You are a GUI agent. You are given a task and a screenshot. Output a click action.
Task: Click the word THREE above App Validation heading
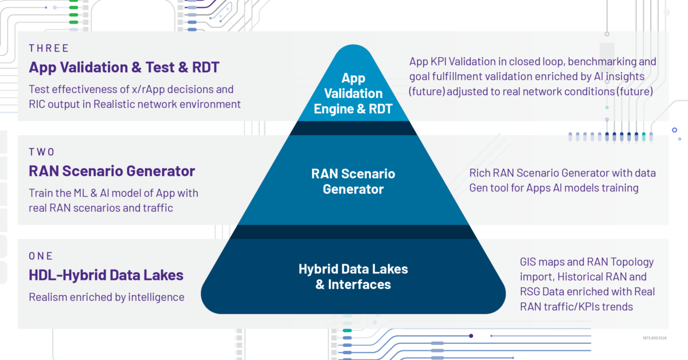click(49, 48)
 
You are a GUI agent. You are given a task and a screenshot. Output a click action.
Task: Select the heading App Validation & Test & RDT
click(124, 68)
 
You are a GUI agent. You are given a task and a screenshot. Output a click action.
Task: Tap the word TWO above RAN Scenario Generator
click(42, 152)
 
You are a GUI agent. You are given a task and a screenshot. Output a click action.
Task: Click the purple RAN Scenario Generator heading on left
click(112, 171)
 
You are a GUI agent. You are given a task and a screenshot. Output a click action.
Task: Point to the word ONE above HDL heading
click(41, 256)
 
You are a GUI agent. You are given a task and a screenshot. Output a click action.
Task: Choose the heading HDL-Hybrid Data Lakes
click(106, 275)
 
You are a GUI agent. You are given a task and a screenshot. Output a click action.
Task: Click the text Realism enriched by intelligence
click(106, 297)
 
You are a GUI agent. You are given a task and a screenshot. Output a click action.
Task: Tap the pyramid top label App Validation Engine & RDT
click(353, 93)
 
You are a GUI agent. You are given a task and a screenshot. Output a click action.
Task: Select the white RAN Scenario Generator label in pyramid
click(353, 181)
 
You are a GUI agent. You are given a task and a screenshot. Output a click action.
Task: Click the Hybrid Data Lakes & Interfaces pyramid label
click(353, 276)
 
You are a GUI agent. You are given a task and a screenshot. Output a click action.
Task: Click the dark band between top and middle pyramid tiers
click(353, 128)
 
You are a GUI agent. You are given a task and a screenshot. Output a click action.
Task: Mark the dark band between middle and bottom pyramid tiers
click(353, 232)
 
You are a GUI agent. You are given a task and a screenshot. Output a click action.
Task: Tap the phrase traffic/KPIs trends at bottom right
click(589, 307)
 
